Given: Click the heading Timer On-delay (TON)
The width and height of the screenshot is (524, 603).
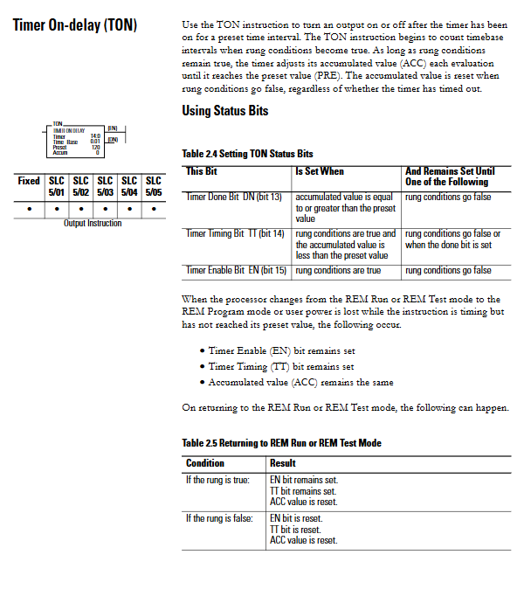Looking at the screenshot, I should [x=74, y=25].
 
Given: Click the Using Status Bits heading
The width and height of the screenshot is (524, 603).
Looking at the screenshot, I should [x=224, y=111].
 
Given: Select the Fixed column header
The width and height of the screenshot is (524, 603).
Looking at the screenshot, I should [x=29, y=181].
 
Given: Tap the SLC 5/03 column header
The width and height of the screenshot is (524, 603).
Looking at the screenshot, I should [x=105, y=186].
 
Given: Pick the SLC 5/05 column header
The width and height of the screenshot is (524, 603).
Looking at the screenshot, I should [x=154, y=186].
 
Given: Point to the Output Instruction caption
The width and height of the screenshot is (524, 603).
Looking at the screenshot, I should [x=93, y=224].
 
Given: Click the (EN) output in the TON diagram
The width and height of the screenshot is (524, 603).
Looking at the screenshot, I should [x=112, y=128].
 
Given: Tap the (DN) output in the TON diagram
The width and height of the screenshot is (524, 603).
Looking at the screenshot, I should [x=112, y=140].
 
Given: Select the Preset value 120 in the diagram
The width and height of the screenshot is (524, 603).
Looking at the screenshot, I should [x=95, y=148].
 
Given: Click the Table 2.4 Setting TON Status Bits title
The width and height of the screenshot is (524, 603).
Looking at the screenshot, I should [x=247, y=154].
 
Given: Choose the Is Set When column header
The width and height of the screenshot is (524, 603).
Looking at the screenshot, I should [x=320, y=171].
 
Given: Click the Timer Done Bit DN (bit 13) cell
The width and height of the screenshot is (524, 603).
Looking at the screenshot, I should [x=234, y=197].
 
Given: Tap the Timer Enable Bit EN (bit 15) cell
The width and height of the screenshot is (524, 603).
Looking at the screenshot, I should [x=235, y=270].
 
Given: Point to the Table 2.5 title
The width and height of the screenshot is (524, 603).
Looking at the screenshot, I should [x=281, y=443].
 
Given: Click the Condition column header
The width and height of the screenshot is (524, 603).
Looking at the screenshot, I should [x=205, y=463].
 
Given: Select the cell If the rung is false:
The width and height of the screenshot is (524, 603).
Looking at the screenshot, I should [x=219, y=518].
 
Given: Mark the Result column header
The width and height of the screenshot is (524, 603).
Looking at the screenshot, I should [x=283, y=463].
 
